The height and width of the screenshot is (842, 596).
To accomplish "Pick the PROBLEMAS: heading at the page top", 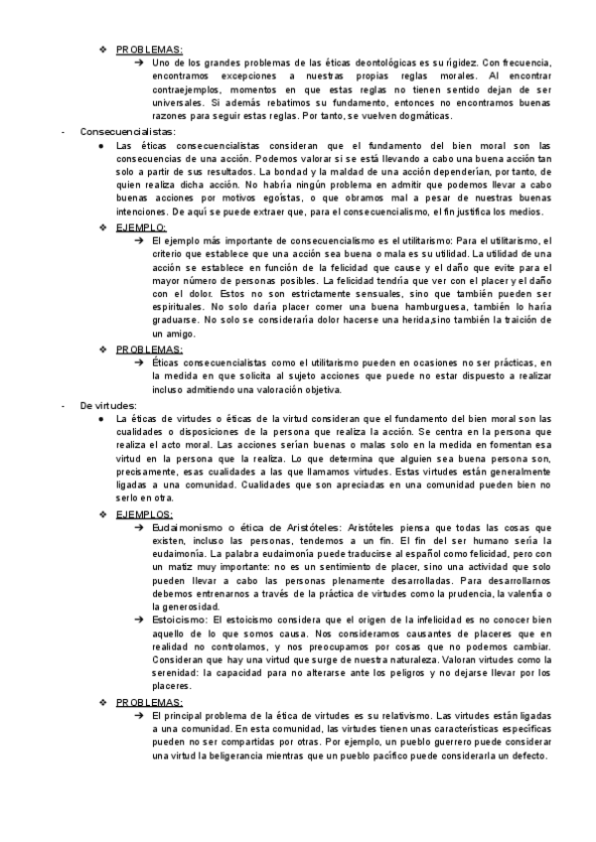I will tap(150, 49).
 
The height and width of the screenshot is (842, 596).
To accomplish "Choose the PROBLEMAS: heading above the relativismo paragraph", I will tap(150, 702).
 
